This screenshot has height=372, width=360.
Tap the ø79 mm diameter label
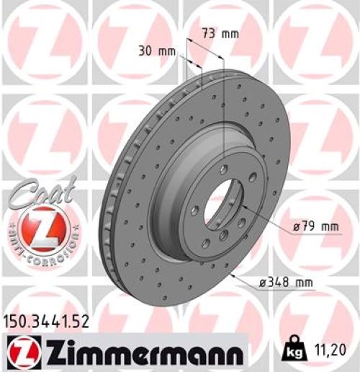click(x=315, y=228)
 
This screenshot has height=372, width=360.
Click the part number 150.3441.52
click(x=48, y=323)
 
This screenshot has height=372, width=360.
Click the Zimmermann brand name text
click(x=140, y=353)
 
